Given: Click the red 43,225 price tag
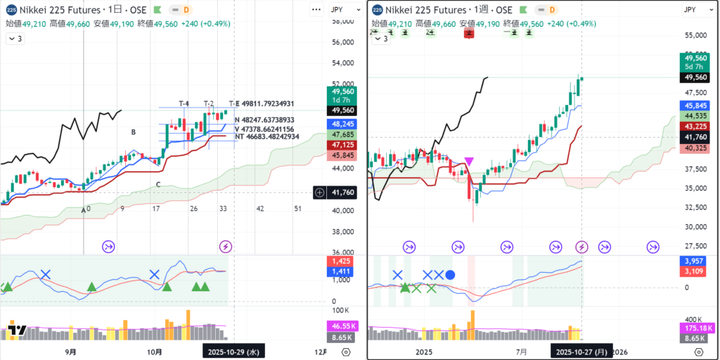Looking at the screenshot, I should (x=695, y=126).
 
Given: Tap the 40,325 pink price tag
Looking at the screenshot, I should (x=695, y=148).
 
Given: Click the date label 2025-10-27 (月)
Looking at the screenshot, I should (x=581, y=351).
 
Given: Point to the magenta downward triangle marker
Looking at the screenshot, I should (x=469, y=162).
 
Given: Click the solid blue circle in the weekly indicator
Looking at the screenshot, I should (x=451, y=275).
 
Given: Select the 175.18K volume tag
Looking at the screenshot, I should (x=695, y=327).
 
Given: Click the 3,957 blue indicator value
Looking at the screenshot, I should (x=695, y=261).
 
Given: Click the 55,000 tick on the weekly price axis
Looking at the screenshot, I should (x=695, y=35).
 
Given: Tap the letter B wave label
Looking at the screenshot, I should (x=132, y=131).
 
